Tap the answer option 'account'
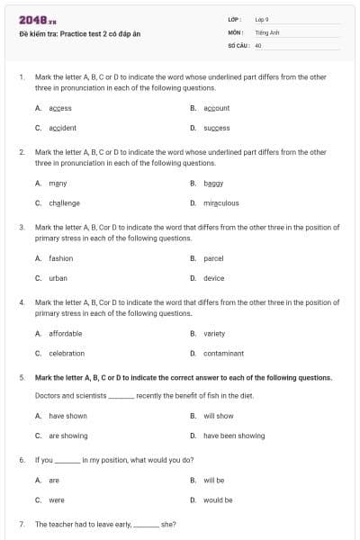click(x=213, y=107)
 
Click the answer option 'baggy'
click(x=213, y=183)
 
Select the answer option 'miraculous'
click(x=220, y=202)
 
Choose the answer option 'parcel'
click(x=213, y=257)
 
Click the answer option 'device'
click(x=213, y=278)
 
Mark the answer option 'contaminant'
click(x=223, y=354)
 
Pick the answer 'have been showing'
click(x=234, y=436)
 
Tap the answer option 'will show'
click(x=218, y=416)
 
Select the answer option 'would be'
click(x=218, y=499)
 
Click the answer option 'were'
click(x=56, y=499)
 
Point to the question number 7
click(x=21, y=523)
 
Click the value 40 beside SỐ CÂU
click(x=258, y=44)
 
